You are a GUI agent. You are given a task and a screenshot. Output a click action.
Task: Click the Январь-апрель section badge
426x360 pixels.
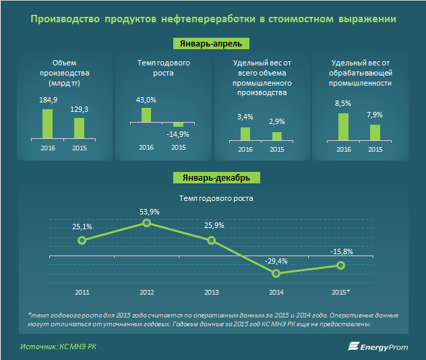212,43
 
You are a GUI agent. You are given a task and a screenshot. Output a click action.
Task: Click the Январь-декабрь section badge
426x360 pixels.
212,178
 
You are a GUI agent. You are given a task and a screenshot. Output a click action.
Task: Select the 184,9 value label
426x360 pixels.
47,100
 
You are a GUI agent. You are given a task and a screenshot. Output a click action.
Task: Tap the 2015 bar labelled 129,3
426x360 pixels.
80,128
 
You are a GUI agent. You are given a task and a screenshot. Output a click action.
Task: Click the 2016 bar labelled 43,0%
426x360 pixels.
146,115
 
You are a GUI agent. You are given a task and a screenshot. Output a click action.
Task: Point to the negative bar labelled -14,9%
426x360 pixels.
178,125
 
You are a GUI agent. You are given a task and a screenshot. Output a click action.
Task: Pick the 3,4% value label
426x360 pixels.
245,117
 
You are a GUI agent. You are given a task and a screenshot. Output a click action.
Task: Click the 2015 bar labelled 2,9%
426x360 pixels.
277,136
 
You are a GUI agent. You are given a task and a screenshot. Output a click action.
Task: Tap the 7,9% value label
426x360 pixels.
375,114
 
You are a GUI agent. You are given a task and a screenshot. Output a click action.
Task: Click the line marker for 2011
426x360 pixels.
82,240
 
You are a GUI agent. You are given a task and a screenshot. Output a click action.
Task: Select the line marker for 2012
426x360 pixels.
146,223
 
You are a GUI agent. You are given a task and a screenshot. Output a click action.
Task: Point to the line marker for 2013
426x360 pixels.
211,240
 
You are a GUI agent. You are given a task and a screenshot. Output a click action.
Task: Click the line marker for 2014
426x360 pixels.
276,273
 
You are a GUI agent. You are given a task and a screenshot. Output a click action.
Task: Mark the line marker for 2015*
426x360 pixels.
340,266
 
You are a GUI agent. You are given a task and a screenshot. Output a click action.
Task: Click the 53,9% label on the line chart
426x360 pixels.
149,211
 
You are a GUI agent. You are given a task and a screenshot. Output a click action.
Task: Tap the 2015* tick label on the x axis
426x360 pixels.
340,291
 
